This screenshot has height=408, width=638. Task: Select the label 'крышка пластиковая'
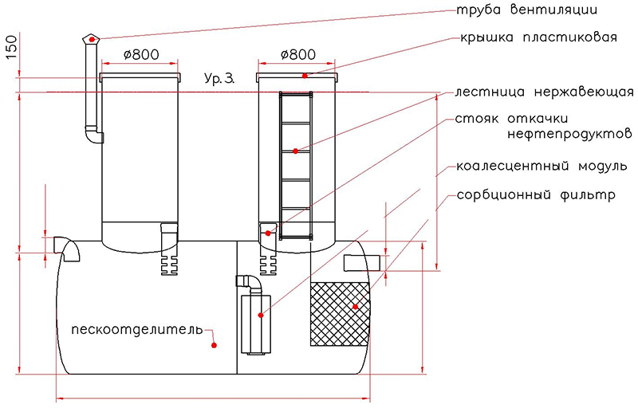click(538, 37)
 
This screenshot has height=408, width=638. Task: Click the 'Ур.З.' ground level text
click(219, 80)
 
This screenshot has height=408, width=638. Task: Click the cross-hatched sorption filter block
click(338, 313)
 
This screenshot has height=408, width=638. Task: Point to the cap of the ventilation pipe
click(93, 38)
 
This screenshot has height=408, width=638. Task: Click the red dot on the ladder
click(295, 151)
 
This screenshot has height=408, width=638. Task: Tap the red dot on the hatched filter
click(355, 306)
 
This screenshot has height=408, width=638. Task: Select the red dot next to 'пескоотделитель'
click(214, 344)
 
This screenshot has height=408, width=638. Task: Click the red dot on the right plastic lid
click(305, 75)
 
